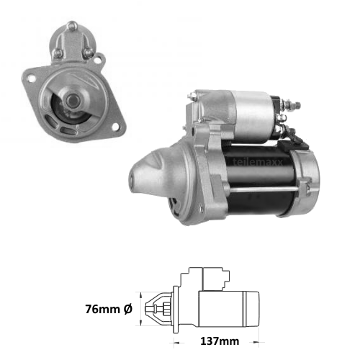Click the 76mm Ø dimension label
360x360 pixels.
click(109, 309)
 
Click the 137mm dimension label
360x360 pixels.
click(220, 341)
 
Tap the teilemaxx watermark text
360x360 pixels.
click(258, 162)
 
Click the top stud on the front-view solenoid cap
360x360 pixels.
click(72, 26)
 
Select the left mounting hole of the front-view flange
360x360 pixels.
click(31, 78)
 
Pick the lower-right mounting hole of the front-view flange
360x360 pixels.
click(116, 127)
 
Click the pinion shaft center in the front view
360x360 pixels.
click(72, 101)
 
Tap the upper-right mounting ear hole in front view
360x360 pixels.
click(97, 60)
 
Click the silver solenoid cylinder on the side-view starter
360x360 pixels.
click(253, 117)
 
